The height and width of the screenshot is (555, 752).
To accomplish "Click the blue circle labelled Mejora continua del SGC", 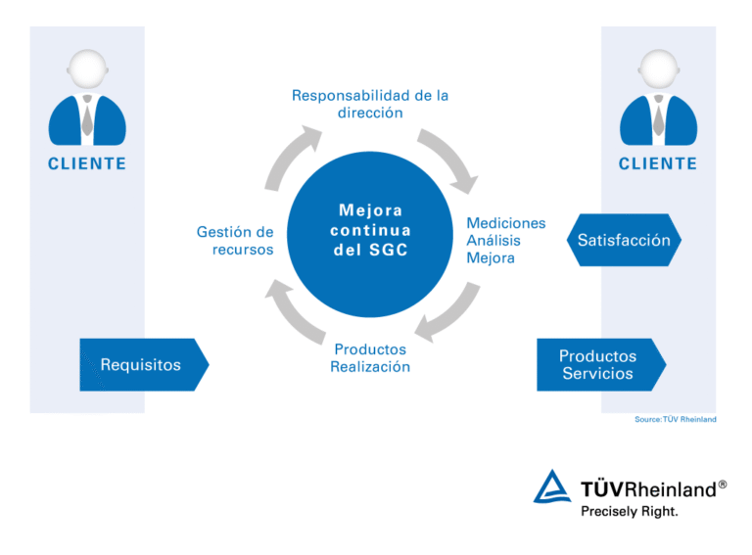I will click(x=370, y=232).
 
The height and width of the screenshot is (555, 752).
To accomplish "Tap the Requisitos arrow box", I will click(x=142, y=365).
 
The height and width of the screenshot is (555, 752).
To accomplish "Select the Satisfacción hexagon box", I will click(x=623, y=240).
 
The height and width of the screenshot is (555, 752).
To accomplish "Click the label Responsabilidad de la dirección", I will click(x=370, y=104).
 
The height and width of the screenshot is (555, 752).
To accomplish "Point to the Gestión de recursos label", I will click(x=235, y=241).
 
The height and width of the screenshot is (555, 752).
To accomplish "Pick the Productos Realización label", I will click(x=370, y=358).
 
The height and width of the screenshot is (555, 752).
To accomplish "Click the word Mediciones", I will click(x=505, y=223).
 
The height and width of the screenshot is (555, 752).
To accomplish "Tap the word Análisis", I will click(x=493, y=241).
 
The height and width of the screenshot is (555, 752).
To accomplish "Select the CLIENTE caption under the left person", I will click(x=87, y=163).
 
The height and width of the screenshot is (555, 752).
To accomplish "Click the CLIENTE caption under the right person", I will click(x=658, y=163).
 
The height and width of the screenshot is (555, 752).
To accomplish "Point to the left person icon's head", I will click(x=87, y=71).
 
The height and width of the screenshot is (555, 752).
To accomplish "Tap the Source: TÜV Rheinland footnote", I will click(x=675, y=420).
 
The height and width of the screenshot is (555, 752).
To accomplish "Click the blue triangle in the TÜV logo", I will click(x=551, y=487).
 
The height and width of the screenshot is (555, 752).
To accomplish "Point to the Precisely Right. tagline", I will click(x=630, y=510).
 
